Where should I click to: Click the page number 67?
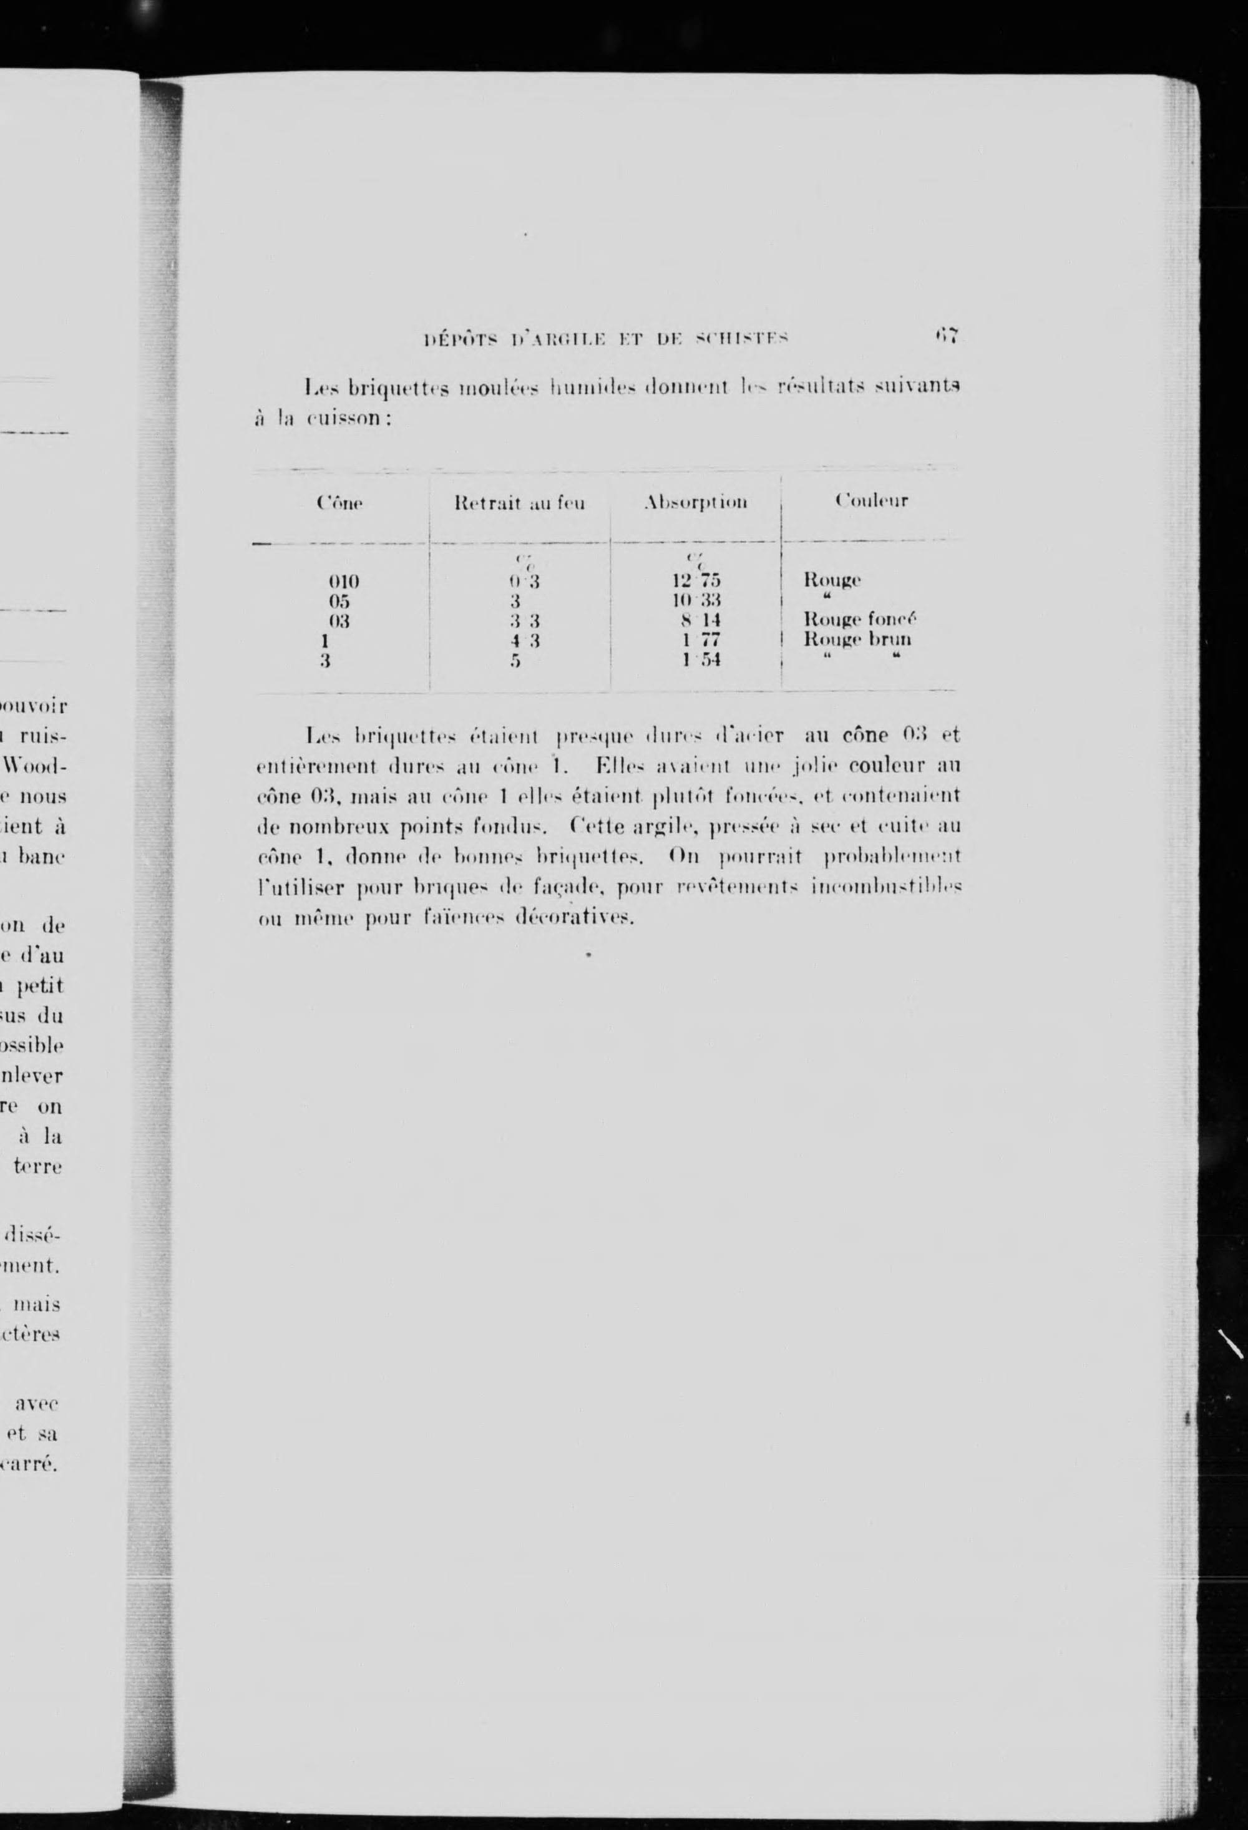(x=944, y=336)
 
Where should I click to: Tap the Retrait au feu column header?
(x=520, y=502)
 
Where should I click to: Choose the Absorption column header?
(x=695, y=502)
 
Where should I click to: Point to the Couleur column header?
(x=872, y=500)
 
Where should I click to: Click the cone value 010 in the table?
(x=343, y=582)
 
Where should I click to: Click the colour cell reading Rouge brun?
(x=857, y=640)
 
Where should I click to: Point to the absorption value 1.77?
(x=701, y=640)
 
